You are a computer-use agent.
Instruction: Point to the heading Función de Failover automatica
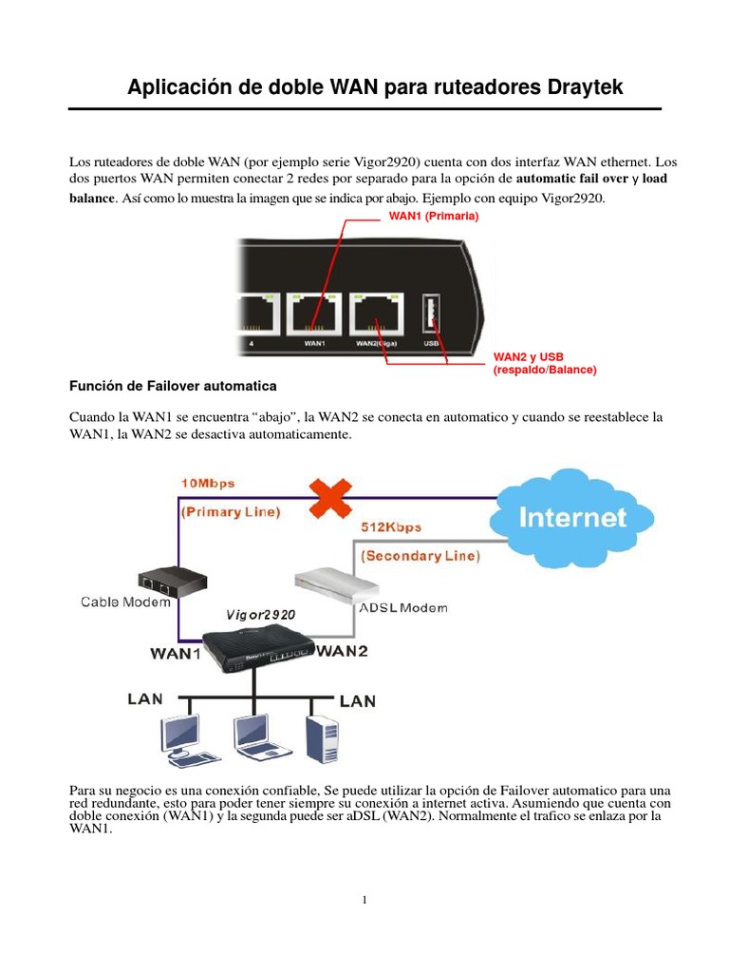click(x=174, y=387)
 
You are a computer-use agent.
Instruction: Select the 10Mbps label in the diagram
click(x=208, y=483)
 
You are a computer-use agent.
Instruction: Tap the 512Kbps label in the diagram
click(x=391, y=527)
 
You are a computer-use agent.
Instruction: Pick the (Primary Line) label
click(x=231, y=511)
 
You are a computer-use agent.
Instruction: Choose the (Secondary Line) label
click(x=418, y=555)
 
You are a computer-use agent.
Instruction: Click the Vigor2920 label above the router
click(x=260, y=615)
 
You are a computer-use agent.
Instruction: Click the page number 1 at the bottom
click(x=364, y=901)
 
